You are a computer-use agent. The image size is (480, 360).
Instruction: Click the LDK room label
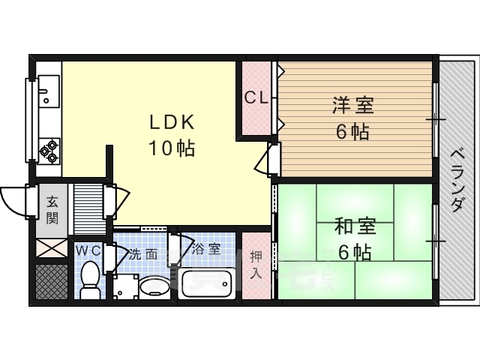pyautogui.click(x=172, y=122)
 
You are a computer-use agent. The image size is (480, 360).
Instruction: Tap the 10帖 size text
pyautogui.click(x=172, y=148)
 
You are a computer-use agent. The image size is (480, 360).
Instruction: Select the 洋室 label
pyautogui.click(x=353, y=105)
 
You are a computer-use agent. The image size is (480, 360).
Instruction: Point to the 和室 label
pyautogui.click(x=355, y=226)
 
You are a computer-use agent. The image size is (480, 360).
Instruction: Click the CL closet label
pyautogui.click(x=256, y=98)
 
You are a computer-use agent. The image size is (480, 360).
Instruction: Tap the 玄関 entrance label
pyautogui.click(x=52, y=210)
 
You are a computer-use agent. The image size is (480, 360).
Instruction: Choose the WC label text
pyautogui.click(x=88, y=251)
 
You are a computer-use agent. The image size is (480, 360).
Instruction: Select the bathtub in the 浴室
pyautogui.click(x=207, y=283)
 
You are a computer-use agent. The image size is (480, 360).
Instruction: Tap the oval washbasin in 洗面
pyautogui.click(x=154, y=286)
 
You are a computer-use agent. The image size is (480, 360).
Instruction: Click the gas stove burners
pyautogui.click(x=49, y=151)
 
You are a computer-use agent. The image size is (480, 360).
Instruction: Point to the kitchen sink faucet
pyautogui.click(x=43, y=91)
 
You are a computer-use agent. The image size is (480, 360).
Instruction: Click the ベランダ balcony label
pyautogui.click(x=458, y=180)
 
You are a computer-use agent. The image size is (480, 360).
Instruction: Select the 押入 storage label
pyautogui.click(x=256, y=265)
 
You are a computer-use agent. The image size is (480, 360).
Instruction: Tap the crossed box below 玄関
pyautogui.click(x=52, y=248)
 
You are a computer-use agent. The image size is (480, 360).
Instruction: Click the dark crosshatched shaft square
pyautogui.click(x=52, y=282)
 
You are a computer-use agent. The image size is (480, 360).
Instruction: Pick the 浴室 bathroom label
pyautogui.click(x=206, y=250)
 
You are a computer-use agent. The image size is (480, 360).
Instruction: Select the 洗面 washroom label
pyautogui.click(x=143, y=254)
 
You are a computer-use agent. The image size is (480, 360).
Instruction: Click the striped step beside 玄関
pyautogui.click(x=88, y=209)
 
